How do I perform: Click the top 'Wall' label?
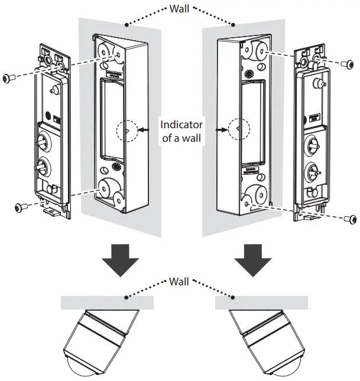tap(180, 9)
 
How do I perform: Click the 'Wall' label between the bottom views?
tap(180, 281)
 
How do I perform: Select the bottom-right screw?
tap(351, 219)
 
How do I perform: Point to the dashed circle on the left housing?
tap(126, 130)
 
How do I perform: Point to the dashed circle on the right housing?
tap(235, 130)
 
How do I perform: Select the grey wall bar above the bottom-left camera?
tap(107, 302)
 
